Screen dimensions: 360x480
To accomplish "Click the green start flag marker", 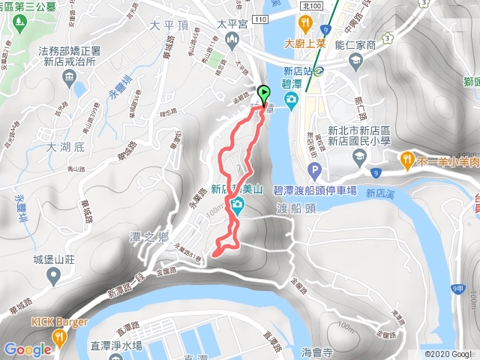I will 264,94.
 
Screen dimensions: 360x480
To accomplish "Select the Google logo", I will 26,349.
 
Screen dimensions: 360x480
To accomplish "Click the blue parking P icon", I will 315,169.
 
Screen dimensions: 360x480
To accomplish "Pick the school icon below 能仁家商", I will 360,155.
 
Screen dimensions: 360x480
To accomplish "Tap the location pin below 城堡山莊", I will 52,277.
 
